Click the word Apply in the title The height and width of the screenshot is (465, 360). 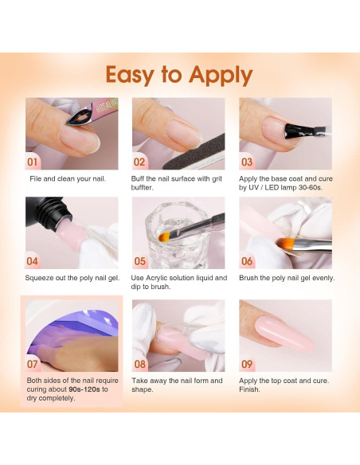click(221, 76)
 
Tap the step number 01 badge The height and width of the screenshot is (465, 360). click(33, 162)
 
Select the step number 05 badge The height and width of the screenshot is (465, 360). click(139, 261)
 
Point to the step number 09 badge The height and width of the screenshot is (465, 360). click(247, 364)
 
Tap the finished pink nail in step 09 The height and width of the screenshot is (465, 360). click(284, 334)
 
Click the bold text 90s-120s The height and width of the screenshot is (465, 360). click(84, 389)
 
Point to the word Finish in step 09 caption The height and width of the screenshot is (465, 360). click(249, 389)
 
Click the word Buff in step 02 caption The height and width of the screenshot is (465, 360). click(138, 178)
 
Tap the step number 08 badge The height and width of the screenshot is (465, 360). click(139, 364)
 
